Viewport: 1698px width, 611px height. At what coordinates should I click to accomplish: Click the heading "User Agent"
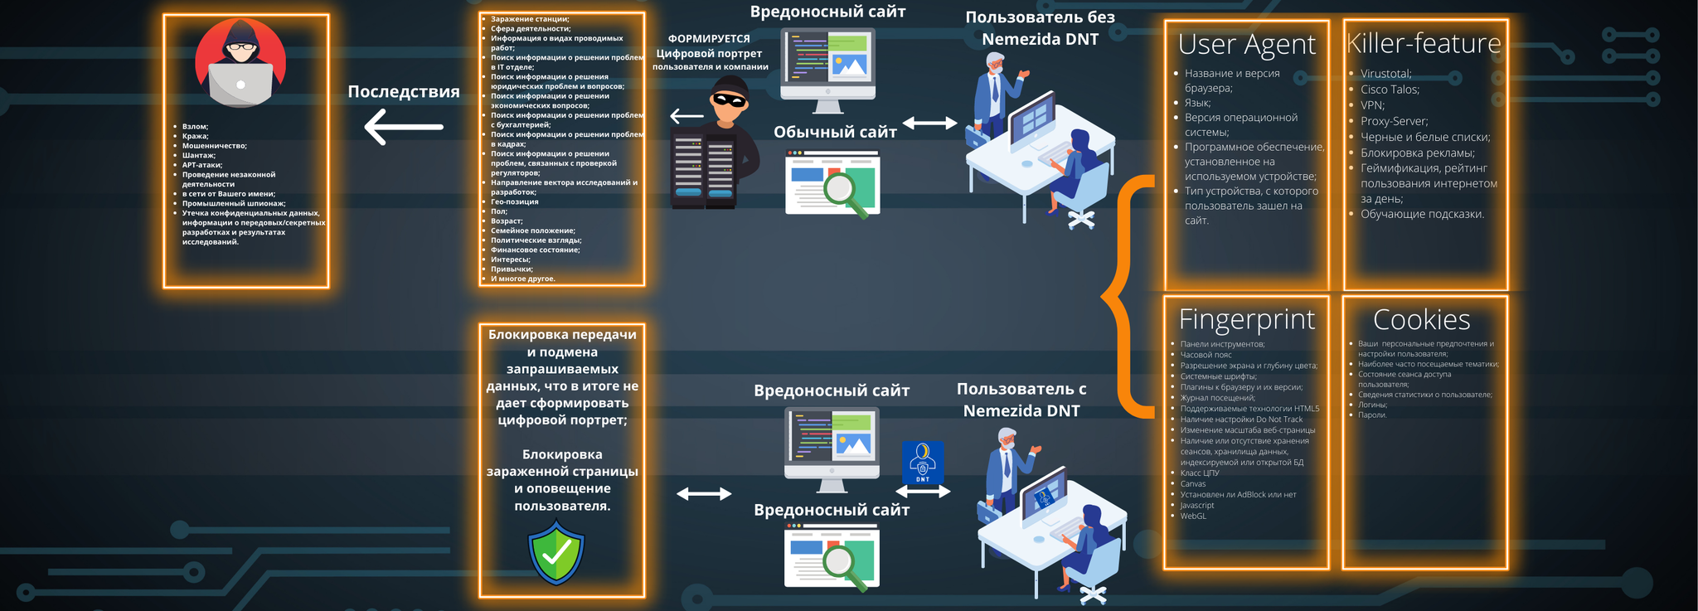(1246, 45)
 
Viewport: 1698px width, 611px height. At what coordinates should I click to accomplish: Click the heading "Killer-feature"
(1424, 43)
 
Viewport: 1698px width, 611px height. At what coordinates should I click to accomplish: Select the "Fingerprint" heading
(1246, 319)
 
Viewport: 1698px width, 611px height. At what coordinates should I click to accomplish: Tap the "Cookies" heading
(1421, 320)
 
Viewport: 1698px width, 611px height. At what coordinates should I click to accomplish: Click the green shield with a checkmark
(556, 552)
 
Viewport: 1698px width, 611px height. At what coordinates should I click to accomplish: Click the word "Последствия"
(403, 92)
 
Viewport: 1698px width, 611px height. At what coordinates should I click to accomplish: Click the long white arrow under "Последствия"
(404, 127)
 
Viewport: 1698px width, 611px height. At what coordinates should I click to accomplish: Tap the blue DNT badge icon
(922, 462)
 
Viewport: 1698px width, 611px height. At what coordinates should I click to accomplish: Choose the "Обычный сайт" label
(835, 133)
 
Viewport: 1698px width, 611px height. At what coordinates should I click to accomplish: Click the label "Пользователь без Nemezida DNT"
(1040, 28)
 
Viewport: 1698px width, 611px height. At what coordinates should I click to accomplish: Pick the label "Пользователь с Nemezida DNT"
(1021, 400)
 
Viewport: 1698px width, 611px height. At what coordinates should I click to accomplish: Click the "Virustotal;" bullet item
(1385, 74)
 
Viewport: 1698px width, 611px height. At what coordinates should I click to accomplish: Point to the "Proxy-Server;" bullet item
(1394, 121)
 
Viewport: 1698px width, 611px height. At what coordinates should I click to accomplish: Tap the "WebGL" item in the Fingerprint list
(1193, 516)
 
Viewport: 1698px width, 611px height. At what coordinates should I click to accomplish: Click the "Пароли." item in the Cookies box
(1372, 415)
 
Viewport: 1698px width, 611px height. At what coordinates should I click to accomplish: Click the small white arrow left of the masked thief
(686, 116)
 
